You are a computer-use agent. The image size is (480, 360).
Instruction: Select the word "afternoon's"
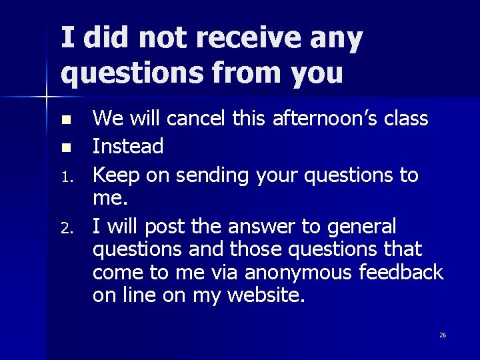point(319,119)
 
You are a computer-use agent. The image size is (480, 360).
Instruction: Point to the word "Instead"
point(128,145)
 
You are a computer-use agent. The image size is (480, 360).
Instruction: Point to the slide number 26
point(443,335)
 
